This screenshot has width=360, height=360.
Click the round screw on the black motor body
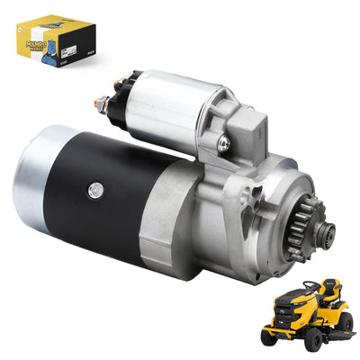point(94,190)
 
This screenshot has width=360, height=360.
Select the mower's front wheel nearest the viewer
point(311,341)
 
